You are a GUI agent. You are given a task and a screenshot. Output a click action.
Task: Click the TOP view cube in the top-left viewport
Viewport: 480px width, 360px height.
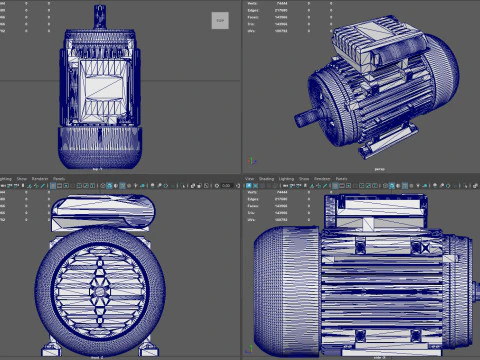point(219,19)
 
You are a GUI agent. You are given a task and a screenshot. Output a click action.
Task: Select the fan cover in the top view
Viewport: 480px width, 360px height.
point(100,146)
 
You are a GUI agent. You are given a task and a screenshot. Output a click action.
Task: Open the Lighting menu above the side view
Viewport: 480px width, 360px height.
point(287,179)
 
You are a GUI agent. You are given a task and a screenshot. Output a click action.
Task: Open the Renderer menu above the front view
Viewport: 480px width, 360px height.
point(40,179)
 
